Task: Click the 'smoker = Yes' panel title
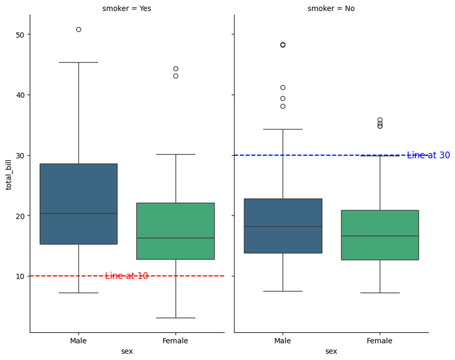(127, 8)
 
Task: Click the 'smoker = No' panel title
(331, 8)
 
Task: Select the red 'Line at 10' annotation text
(126, 276)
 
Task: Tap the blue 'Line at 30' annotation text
(428, 155)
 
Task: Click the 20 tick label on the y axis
(20, 216)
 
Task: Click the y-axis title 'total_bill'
(9, 174)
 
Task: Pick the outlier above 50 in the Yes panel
(78, 30)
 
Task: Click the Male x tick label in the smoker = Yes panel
(78, 340)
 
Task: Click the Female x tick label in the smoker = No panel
(379, 340)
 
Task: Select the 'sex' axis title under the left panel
(127, 351)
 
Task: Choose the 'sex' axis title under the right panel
(331, 351)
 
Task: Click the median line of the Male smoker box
(78, 213)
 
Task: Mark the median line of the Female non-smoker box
(380, 236)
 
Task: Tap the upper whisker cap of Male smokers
(78, 62)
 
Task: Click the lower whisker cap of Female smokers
(175, 318)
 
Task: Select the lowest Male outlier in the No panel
(283, 107)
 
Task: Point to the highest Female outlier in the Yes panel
(175, 69)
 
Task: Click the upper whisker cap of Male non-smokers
(283, 129)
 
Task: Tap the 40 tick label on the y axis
(20, 95)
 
